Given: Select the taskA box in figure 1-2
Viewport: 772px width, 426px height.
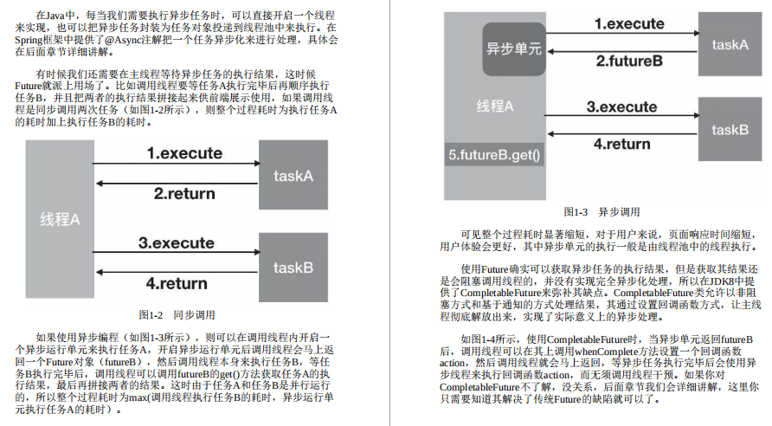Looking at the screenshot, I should (x=293, y=177).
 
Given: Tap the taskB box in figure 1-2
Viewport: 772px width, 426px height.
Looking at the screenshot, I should (x=293, y=267).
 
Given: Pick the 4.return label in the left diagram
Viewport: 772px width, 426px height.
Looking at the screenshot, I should (x=177, y=283).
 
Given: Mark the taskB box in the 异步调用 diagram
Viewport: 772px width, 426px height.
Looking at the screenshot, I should (x=729, y=130).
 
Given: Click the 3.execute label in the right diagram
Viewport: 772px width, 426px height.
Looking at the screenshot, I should (x=621, y=107).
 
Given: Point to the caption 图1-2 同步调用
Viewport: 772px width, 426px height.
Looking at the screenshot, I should (x=177, y=315).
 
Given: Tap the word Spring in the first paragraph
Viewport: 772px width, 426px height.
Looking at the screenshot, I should (x=31, y=39).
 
